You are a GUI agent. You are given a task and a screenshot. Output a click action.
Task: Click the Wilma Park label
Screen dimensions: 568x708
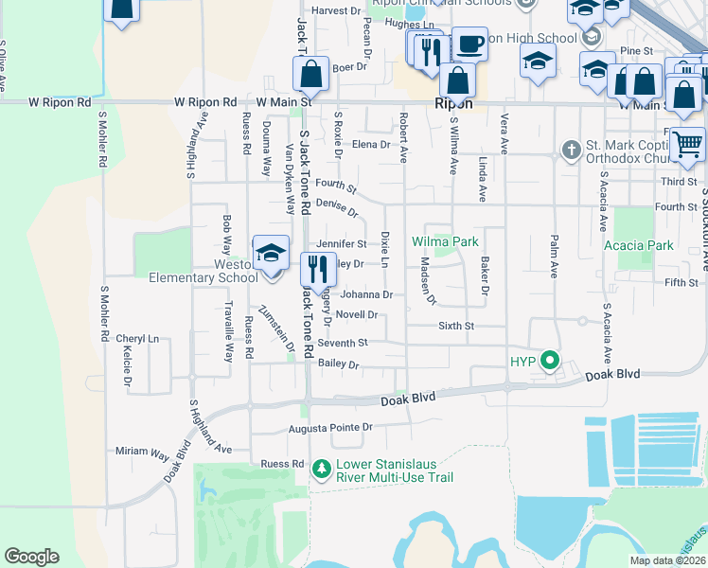coord(445,241)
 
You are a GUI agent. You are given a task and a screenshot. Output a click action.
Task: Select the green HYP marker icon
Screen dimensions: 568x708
coord(548,361)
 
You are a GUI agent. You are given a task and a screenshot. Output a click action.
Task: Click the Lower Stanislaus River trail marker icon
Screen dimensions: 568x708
coord(322,468)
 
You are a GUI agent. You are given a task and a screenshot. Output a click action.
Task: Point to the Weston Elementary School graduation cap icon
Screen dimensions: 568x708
coord(271,254)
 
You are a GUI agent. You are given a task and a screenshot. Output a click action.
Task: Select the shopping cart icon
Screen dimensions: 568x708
coord(688,145)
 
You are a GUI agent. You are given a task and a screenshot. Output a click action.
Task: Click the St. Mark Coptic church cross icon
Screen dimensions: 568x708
coord(570,150)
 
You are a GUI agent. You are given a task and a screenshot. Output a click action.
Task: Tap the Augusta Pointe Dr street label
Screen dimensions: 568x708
coord(330,428)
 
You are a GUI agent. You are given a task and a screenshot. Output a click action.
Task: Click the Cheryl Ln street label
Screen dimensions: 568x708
coord(137,338)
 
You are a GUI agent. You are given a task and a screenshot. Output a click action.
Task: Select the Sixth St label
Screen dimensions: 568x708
coord(455,325)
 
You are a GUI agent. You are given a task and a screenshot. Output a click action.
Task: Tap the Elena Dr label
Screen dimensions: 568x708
coord(371,144)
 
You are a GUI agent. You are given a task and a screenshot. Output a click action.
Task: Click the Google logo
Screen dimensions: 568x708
coord(31,557)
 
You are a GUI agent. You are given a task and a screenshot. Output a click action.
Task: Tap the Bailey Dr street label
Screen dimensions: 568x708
coord(339,364)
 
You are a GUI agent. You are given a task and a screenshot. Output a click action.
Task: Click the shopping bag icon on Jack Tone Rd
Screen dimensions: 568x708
coord(310,72)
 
